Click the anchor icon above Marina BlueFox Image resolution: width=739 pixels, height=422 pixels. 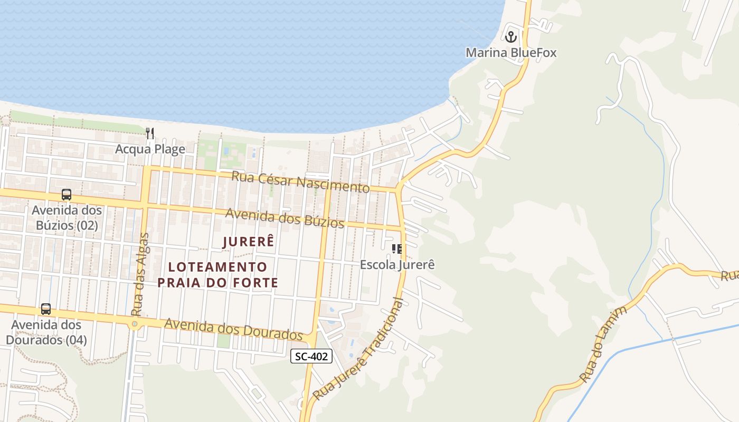(x=510, y=37)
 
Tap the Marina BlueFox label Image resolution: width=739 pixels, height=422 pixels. (x=510, y=53)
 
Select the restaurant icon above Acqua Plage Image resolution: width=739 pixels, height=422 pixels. (x=150, y=133)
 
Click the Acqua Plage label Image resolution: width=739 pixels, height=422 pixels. (x=150, y=149)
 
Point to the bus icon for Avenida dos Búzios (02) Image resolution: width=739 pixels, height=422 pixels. (x=67, y=195)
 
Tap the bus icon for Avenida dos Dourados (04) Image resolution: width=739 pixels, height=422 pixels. (x=46, y=309)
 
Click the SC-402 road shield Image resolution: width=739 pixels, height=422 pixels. (x=311, y=357)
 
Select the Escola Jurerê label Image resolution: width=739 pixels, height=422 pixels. (x=397, y=264)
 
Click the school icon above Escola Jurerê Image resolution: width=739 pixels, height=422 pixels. (x=397, y=249)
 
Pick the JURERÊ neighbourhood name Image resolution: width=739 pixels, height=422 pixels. (x=249, y=242)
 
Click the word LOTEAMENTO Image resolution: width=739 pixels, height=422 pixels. (x=218, y=267)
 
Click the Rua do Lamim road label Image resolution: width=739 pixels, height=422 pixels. (x=603, y=343)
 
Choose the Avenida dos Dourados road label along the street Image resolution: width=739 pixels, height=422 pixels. (x=233, y=329)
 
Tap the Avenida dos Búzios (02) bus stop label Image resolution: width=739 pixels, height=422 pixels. (x=67, y=218)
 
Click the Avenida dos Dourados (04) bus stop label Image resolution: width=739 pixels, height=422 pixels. (x=46, y=332)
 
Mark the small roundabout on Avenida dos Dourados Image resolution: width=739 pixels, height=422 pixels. (x=135, y=324)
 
